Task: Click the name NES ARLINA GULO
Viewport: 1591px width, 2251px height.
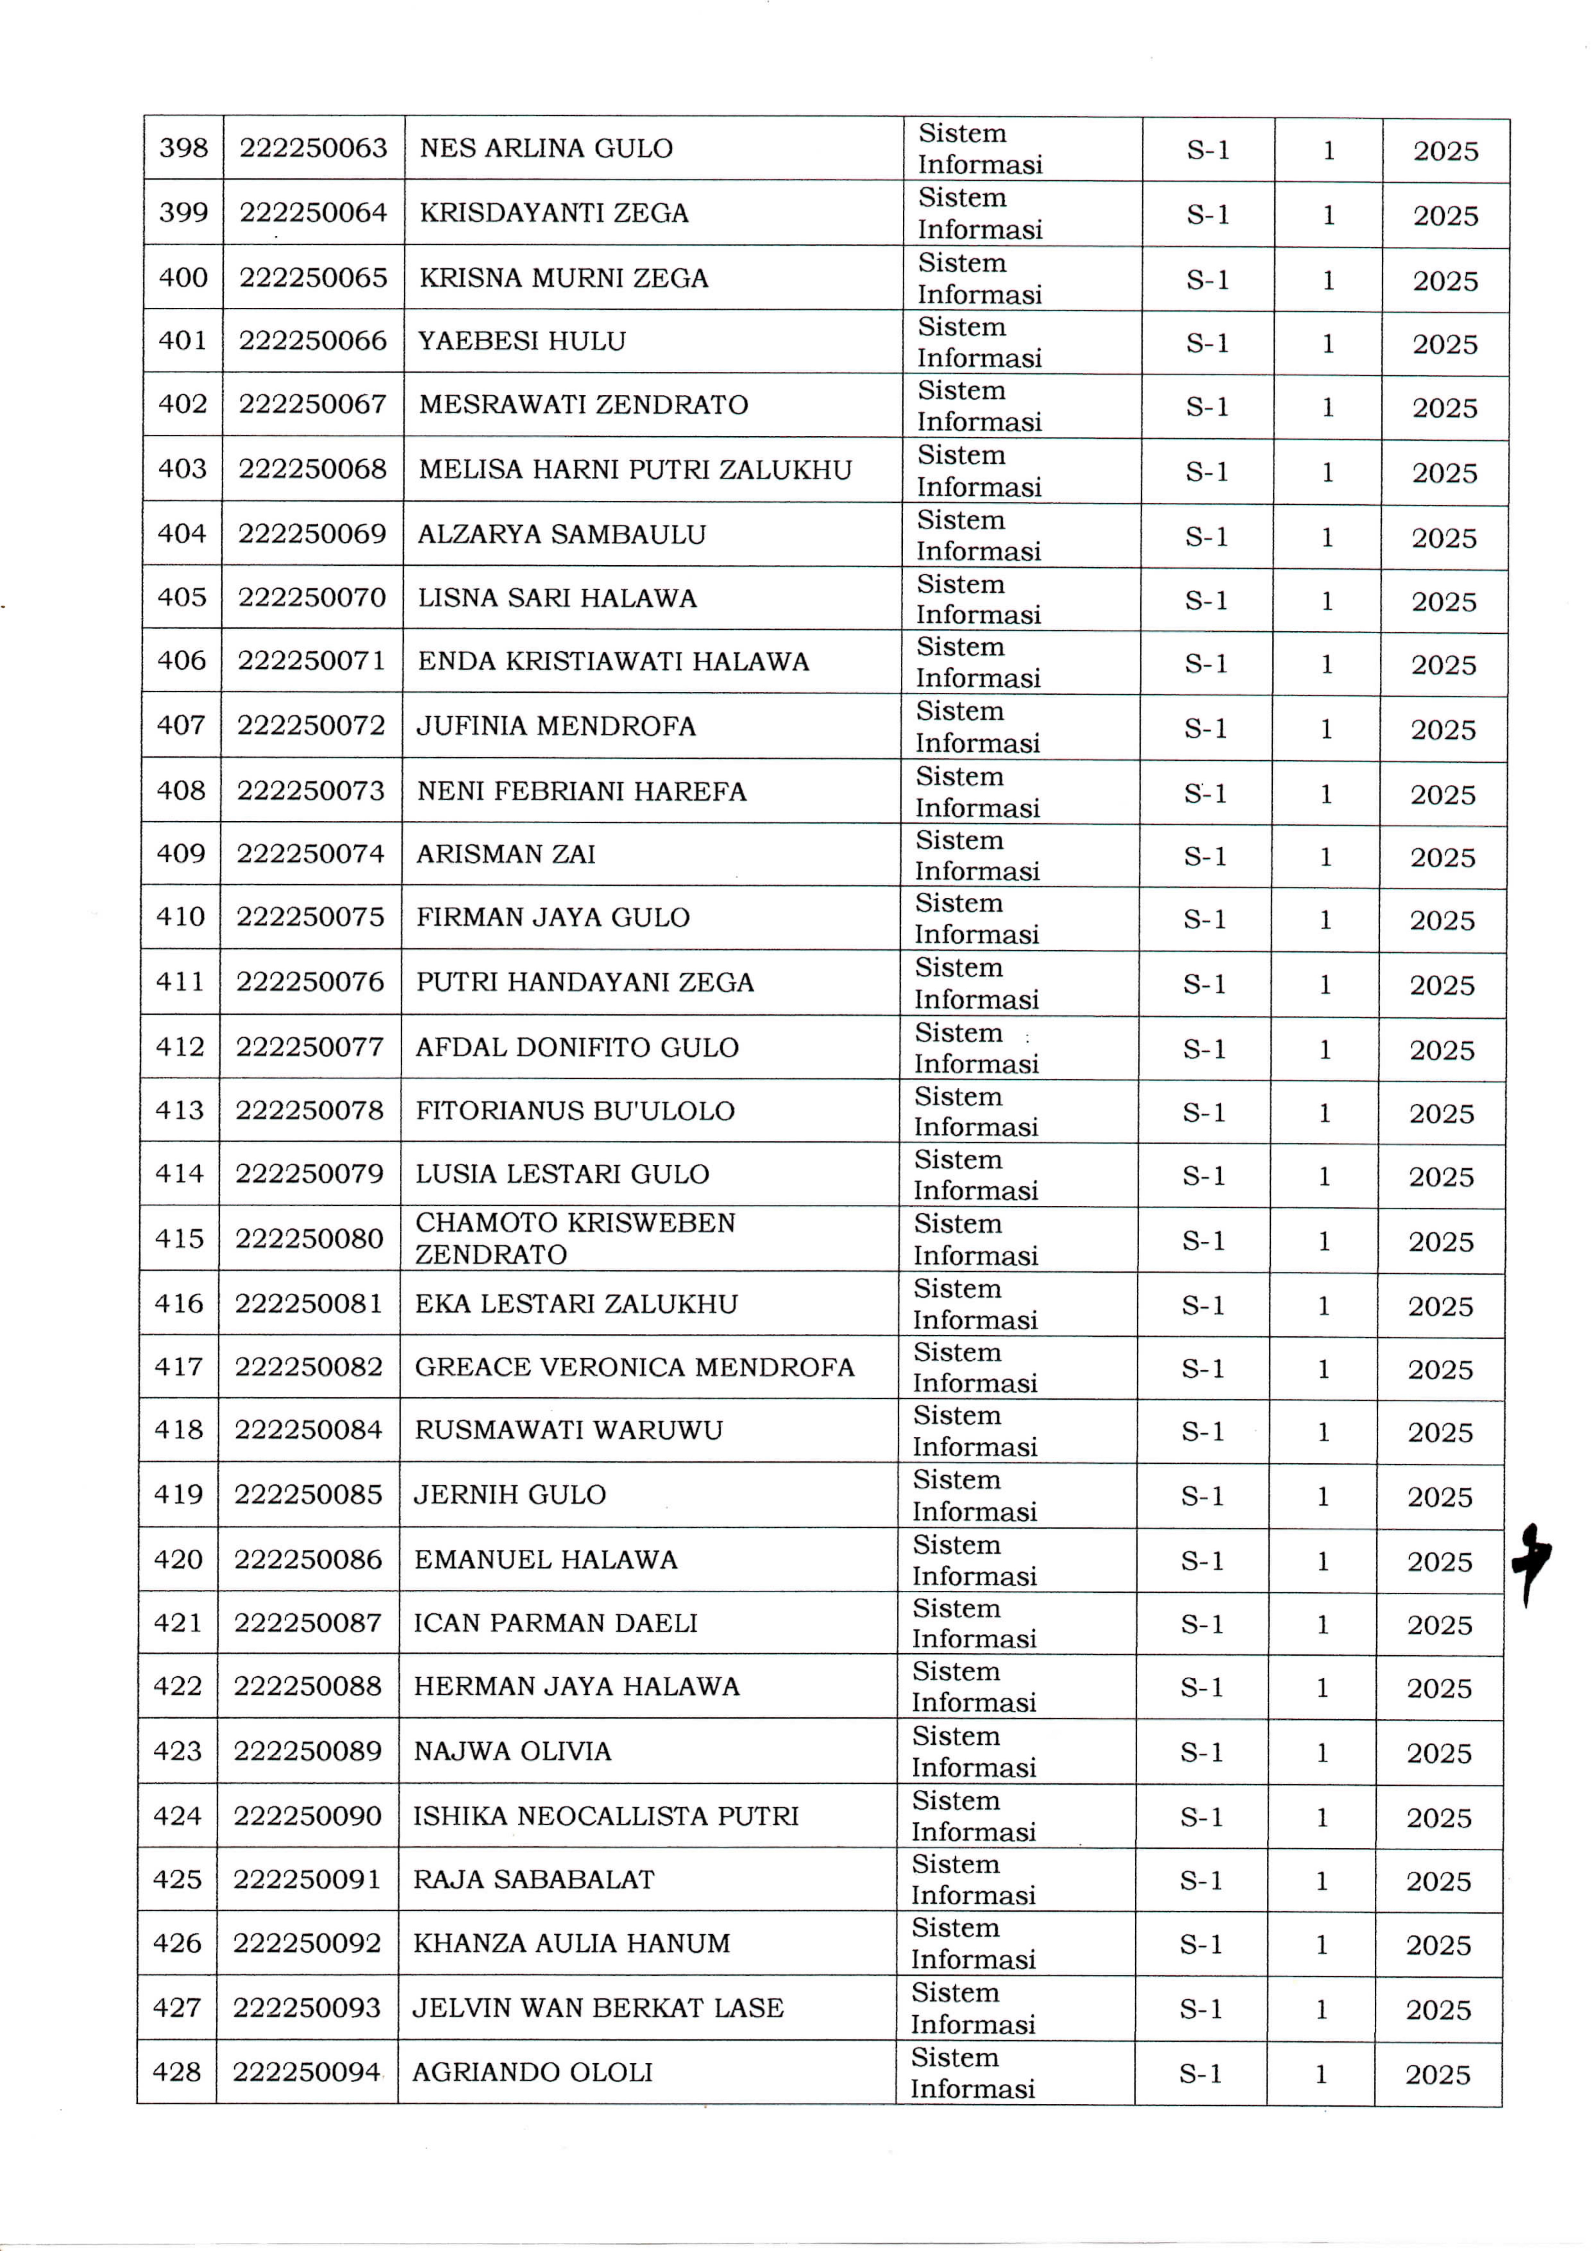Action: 546,148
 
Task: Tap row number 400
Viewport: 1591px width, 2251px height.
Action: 183,278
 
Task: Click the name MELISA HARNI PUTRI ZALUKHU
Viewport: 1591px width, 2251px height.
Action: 635,470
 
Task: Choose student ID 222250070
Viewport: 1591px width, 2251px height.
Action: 312,597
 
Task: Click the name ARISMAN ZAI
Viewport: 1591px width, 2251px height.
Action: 506,854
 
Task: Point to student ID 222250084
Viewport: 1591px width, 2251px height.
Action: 308,1430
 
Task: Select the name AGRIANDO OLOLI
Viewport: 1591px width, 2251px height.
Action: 532,2072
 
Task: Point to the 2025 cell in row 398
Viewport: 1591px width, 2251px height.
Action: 1446,151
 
